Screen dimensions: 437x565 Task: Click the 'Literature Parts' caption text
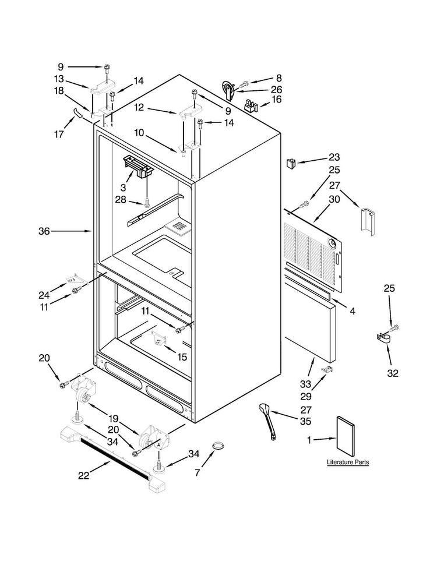click(x=348, y=462)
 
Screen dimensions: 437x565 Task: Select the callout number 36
click(x=44, y=231)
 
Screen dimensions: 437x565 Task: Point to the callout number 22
click(x=84, y=476)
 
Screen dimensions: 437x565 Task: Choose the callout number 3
click(x=124, y=188)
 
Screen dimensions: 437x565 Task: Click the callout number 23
click(x=334, y=157)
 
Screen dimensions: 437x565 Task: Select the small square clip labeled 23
click(x=291, y=163)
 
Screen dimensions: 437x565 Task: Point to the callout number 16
click(x=276, y=99)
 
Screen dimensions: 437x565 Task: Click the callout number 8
click(x=279, y=78)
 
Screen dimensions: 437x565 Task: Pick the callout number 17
click(x=59, y=135)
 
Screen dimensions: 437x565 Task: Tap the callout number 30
click(x=334, y=199)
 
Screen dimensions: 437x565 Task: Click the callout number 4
click(x=353, y=310)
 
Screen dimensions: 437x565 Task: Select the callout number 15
click(x=182, y=356)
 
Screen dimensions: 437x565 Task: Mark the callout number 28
click(x=121, y=199)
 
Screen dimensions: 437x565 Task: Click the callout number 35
click(x=306, y=421)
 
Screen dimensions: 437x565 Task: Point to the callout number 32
click(x=393, y=373)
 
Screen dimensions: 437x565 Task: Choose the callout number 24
click(x=44, y=295)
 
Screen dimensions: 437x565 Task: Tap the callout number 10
click(x=139, y=133)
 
